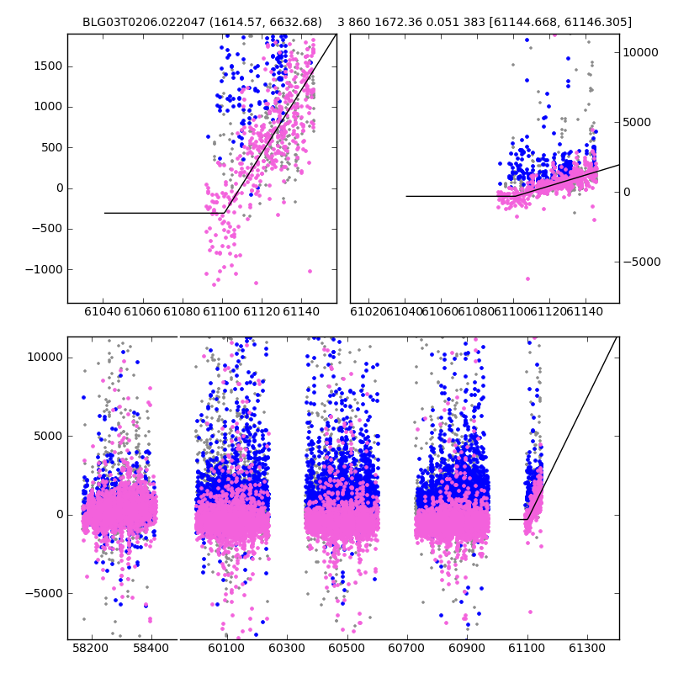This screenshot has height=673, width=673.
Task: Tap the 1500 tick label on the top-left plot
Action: click(x=47, y=66)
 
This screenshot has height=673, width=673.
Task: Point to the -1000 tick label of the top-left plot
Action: click(x=44, y=269)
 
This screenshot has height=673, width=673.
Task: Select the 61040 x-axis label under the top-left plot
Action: click(x=103, y=312)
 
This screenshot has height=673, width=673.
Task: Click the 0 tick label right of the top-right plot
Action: click(x=627, y=192)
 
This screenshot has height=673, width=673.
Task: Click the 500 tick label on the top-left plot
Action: click(x=50, y=147)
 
